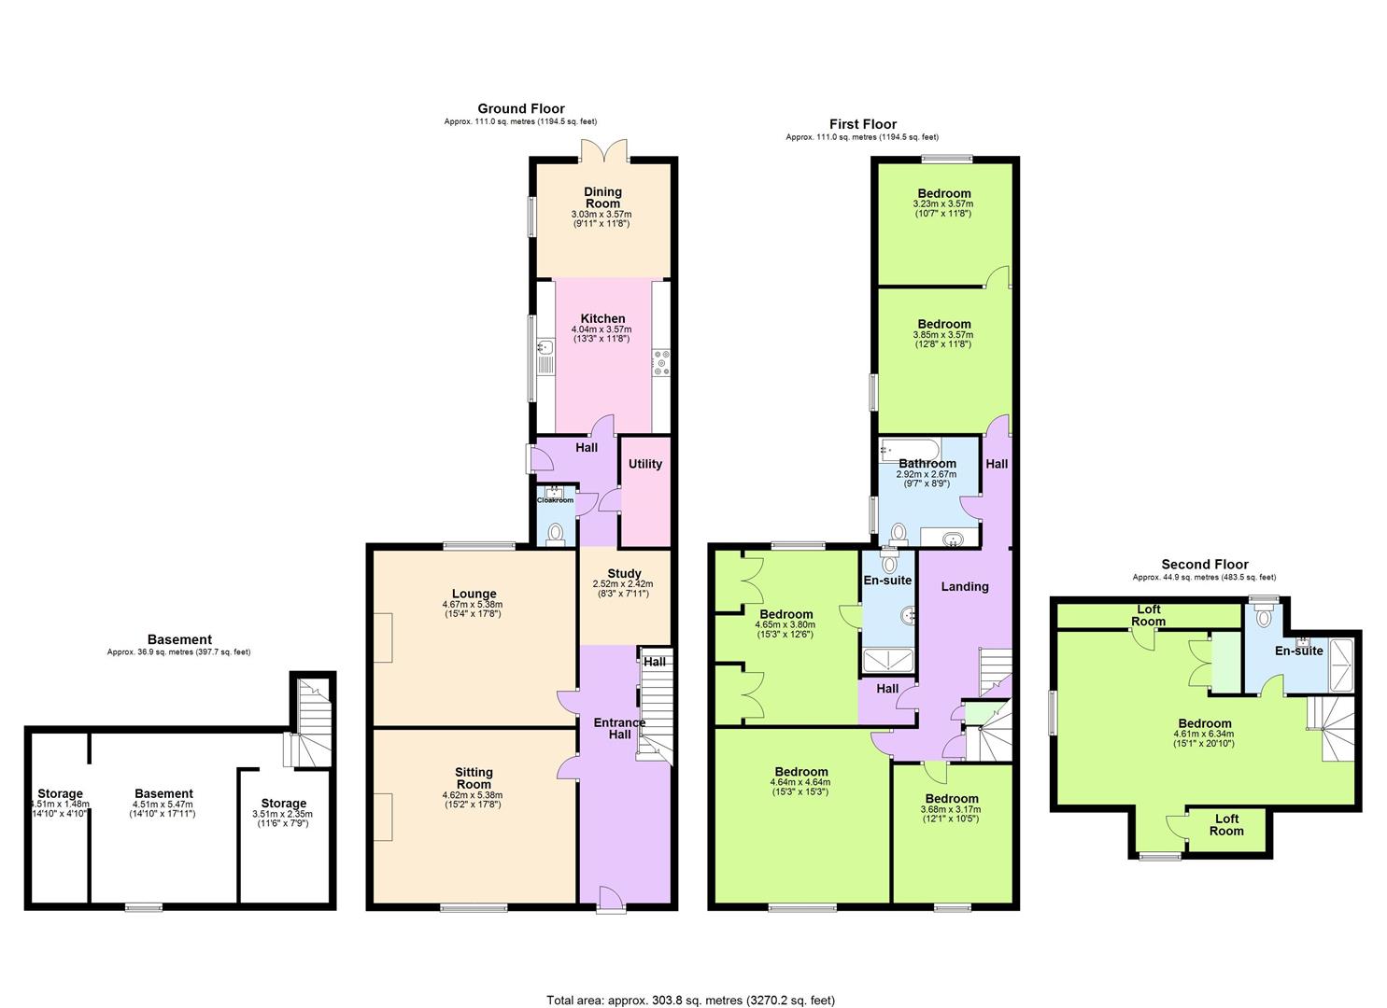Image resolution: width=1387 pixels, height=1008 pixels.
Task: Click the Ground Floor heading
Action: (520, 108)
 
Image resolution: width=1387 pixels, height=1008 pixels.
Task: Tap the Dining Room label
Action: (602, 197)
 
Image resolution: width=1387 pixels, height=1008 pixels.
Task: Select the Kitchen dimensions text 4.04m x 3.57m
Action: (601, 329)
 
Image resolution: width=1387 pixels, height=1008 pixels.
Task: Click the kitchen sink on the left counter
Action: (546, 348)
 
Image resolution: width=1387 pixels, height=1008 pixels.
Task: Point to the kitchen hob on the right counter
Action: (662, 362)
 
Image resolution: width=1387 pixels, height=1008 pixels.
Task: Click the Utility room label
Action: (644, 464)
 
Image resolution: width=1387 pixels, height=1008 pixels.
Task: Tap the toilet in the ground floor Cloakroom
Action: (556, 533)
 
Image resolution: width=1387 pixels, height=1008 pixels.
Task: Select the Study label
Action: (624, 573)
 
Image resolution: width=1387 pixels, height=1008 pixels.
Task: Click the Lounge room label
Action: (474, 594)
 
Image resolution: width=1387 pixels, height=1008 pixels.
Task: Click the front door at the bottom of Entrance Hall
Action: (612, 897)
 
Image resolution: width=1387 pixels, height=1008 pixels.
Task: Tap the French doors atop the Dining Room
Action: (602, 148)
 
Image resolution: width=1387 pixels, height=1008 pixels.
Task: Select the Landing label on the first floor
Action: (964, 586)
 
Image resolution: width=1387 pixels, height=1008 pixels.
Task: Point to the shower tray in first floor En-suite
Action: (887, 660)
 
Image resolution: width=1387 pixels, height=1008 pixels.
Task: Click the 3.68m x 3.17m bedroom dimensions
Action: (951, 809)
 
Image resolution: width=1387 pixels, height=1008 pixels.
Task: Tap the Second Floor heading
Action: (1204, 564)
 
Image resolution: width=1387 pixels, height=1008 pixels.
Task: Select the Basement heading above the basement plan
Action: (179, 639)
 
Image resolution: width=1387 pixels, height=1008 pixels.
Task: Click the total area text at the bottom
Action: (690, 1001)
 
